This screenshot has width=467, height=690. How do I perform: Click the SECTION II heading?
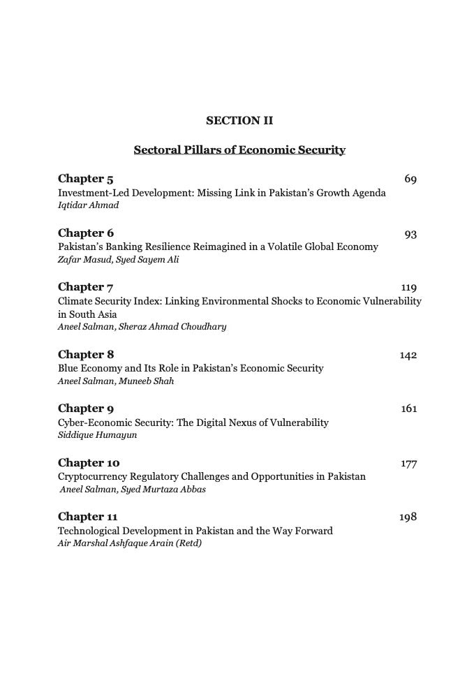(239, 121)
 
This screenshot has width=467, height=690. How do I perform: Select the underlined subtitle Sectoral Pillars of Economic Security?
(239, 149)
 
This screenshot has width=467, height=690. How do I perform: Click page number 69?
(410, 180)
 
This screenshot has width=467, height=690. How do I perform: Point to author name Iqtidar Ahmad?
(88, 205)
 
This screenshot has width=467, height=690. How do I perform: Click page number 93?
(410, 234)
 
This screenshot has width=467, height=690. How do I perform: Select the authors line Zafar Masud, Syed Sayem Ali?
(118, 259)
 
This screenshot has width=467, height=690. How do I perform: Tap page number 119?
(408, 288)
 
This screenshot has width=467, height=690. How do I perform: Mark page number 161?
(408, 409)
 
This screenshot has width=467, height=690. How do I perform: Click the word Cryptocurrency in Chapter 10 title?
(91, 476)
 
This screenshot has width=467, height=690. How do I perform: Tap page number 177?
(408, 464)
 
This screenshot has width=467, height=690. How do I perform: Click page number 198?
(408, 517)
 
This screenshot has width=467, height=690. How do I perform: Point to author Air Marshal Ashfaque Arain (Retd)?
(129, 543)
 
